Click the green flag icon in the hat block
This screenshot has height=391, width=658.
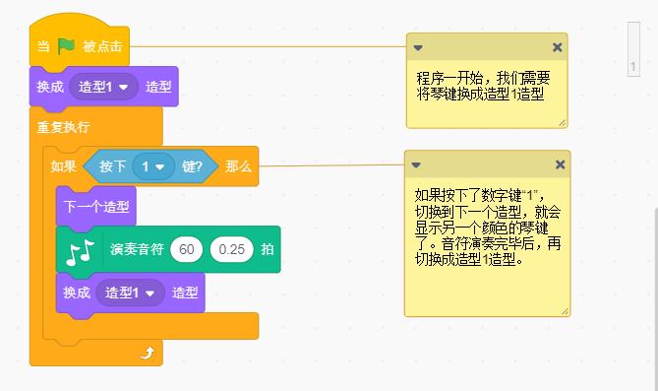pos(66,45)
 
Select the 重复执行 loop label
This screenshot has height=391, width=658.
pos(63,127)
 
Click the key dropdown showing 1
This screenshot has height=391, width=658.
pos(152,167)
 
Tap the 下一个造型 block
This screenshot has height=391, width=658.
pos(96,207)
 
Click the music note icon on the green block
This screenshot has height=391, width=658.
pos(80,250)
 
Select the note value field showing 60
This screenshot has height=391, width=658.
pos(186,249)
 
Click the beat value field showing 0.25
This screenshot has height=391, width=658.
pos(231,249)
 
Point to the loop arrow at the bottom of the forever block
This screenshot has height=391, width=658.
pos(147,353)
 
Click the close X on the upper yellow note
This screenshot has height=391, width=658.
pos(557,47)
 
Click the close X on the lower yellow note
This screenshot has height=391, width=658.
pos(560,164)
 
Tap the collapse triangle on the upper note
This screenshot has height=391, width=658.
pos(417,47)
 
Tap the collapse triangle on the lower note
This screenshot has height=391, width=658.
pos(416,164)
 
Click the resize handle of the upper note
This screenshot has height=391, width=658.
pos(562,121)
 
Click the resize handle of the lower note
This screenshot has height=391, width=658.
pos(564,310)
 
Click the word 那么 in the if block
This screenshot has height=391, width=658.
pos(238,167)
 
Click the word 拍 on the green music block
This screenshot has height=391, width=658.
pos(267,249)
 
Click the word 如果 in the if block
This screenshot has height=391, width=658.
pos(64,167)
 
